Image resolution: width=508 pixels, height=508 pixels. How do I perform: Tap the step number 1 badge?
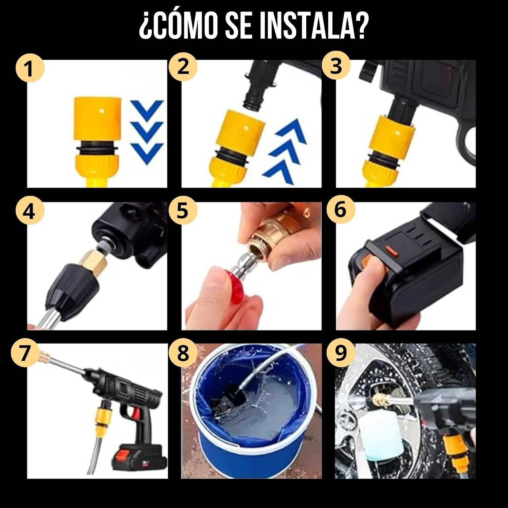[x=30, y=68]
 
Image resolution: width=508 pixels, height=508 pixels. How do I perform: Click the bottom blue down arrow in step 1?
[x=147, y=152]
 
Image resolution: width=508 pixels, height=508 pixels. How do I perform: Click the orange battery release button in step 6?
[x=392, y=253]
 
